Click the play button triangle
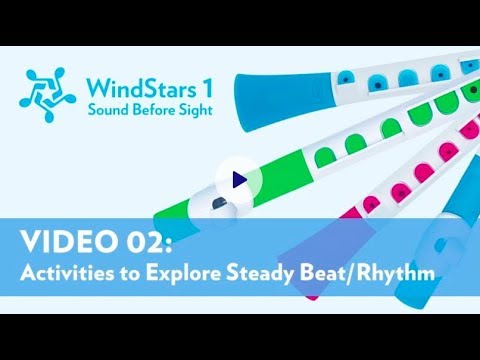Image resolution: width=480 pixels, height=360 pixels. coord(239,180)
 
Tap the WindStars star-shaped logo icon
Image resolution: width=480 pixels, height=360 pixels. coord(48,95)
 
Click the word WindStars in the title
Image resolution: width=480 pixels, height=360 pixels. coord(141,89)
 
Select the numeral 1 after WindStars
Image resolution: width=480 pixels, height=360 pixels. coord(208,89)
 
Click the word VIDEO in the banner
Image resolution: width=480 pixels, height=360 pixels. coord(69,241)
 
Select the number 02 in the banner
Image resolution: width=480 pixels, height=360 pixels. coord(145,241)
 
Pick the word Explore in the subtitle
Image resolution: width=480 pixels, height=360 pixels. coord(183,274)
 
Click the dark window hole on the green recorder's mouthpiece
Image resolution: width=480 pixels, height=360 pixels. coord(219,203)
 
